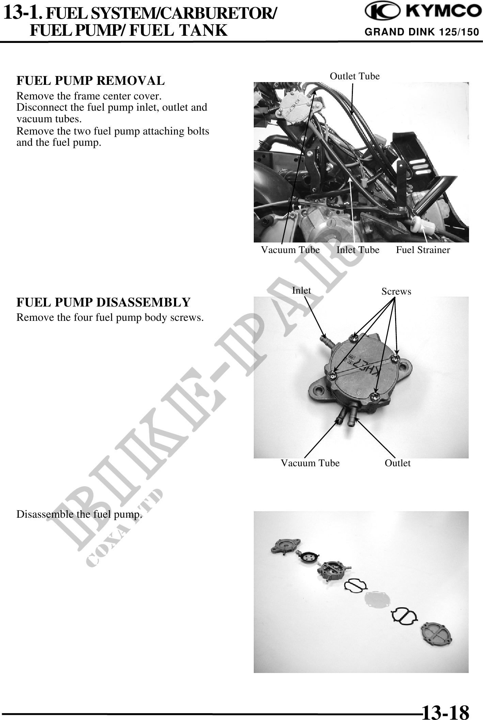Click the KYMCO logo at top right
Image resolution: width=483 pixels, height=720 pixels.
tap(421, 13)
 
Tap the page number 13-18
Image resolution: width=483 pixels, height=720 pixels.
tap(445, 710)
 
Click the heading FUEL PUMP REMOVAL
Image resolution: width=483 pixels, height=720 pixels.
tap(91, 81)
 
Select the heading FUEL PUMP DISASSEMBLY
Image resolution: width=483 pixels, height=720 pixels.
tap(104, 302)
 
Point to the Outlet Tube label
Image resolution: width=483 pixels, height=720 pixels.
tap(355, 76)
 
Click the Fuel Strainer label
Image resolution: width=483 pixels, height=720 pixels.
tap(423, 250)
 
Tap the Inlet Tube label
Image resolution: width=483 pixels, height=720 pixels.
tap(358, 250)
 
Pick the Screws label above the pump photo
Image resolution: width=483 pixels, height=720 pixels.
tap(396, 292)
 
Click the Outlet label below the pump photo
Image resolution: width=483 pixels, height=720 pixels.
tap(398, 463)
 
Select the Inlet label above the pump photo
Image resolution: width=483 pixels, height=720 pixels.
tap(301, 291)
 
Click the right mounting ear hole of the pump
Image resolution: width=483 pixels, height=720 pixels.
tap(405, 367)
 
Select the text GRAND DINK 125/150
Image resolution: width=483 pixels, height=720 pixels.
tap(422, 32)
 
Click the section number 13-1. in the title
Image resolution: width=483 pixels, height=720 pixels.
tap(23, 13)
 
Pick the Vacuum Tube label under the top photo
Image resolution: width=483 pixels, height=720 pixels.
tap(290, 250)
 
